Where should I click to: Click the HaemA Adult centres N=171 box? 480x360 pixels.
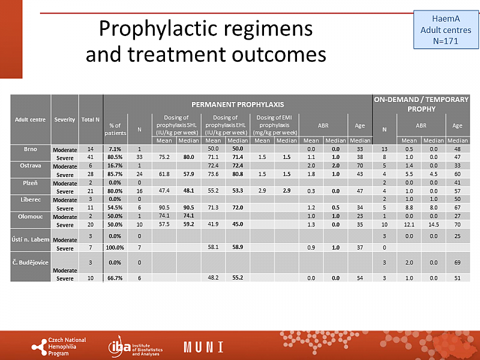coord(445,30)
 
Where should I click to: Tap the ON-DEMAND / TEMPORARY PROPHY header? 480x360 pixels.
coord(421,104)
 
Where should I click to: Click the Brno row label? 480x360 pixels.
coord(31,148)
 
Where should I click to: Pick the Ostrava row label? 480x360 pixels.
coord(31,164)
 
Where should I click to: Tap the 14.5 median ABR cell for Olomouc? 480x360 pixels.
coord(434,224)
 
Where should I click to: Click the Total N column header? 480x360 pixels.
coord(91,119)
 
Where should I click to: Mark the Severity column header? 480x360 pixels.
coord(65,119)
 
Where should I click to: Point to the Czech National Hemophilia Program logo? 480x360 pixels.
coord(59,346)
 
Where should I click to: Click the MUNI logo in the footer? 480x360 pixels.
coord(203,347)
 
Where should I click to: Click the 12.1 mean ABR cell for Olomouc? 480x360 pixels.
coord(409,224)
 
